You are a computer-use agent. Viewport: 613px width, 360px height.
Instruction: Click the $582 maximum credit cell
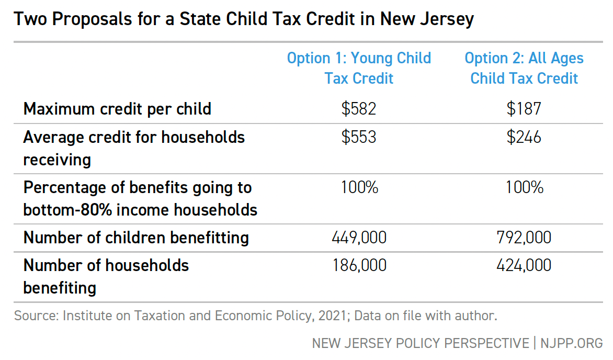359,109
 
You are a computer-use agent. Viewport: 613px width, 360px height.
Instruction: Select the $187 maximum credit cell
524,109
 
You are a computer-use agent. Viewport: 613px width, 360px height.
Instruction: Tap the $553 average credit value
359,137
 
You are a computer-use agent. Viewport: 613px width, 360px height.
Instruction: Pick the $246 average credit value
524,137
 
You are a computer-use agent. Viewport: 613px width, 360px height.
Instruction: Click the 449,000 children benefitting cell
359,238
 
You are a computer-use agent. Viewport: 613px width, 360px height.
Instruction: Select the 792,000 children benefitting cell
524,238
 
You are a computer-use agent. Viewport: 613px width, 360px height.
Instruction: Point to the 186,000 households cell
359,265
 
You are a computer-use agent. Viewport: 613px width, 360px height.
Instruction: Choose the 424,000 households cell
524,265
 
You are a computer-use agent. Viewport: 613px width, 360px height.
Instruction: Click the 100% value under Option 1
359,187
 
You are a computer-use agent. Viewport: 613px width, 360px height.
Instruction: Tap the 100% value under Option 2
524,187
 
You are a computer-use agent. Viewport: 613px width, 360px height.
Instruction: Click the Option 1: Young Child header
359,68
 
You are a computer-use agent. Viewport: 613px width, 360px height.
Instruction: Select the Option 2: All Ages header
524,68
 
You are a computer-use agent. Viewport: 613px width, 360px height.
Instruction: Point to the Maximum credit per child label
117,109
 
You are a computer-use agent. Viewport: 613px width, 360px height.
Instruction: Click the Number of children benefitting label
136,238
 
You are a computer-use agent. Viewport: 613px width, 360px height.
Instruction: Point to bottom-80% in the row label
61,210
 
